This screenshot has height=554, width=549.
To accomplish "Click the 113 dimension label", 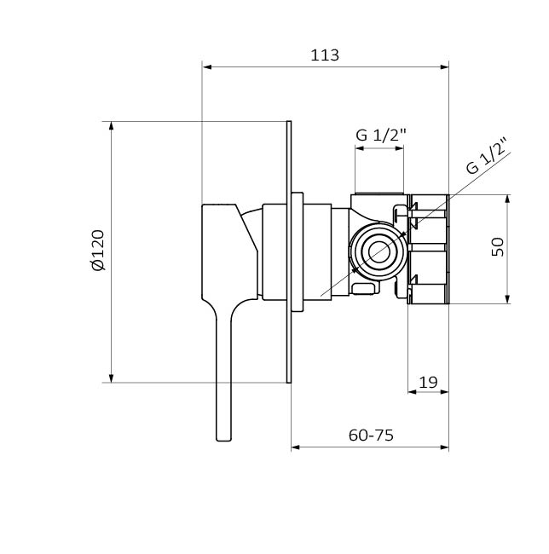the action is coord(325,55).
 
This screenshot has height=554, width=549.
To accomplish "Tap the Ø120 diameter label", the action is coord(98,250).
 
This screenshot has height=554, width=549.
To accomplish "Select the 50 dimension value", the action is coord(497,247).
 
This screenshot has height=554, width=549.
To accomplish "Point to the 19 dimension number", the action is coord(428,383).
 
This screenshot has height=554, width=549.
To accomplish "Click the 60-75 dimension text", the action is coord(371,436).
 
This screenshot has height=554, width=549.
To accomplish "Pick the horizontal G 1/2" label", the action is coord(381,135).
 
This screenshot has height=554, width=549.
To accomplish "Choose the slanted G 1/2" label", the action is coord(487,156).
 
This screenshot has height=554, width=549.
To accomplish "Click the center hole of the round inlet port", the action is coord(379,252).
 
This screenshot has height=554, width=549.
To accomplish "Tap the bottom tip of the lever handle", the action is coord(223,441).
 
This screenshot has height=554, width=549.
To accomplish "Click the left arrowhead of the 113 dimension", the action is coord(206,66).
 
